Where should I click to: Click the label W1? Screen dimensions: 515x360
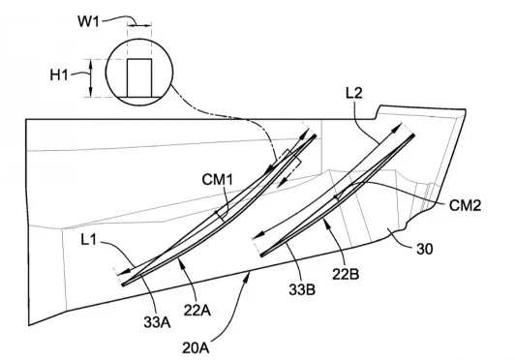88,21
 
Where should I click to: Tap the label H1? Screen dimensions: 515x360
59,75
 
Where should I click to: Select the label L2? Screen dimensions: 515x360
354,93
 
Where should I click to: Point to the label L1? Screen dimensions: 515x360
89,240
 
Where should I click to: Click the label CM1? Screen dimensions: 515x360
218,180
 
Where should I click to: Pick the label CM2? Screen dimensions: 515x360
465,205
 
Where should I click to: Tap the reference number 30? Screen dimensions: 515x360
425,250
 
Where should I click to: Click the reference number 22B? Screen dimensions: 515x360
346,274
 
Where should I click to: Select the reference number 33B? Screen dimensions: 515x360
302,289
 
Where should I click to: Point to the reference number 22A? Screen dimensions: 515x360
197,310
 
